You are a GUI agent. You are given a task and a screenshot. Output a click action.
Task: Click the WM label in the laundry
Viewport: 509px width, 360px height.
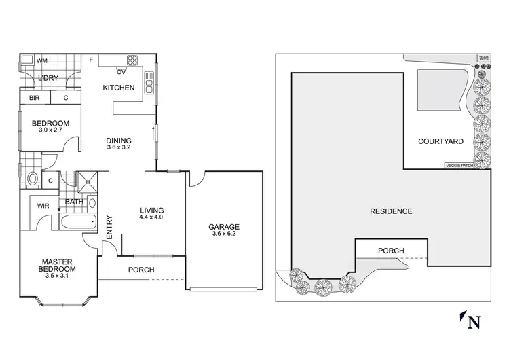[42, 61]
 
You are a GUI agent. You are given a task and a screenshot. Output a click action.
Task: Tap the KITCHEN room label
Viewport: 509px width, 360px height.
[118, 88]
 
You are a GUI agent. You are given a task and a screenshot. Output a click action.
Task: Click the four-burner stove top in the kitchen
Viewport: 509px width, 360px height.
[131, 58]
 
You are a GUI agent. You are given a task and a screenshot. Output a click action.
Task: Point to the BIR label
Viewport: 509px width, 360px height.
[33, 98]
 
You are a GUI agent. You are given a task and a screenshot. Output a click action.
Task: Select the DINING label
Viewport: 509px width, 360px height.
[119, 141]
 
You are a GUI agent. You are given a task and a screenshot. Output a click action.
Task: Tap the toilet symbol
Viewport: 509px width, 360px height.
[33, 180]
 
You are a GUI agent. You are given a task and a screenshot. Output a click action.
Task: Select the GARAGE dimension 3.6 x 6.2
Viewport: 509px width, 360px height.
[224, 235]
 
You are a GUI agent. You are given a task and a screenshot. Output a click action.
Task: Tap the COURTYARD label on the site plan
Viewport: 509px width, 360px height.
[440, 142]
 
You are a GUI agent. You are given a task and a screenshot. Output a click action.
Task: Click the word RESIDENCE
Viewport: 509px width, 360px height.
[390, 211]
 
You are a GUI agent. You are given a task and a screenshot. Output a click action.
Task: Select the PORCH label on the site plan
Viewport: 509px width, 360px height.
[391, 251]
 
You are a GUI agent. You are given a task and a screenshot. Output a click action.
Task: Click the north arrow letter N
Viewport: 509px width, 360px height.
[475, 321]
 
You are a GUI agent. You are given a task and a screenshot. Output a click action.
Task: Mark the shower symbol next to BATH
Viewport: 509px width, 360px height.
[87, 181]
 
